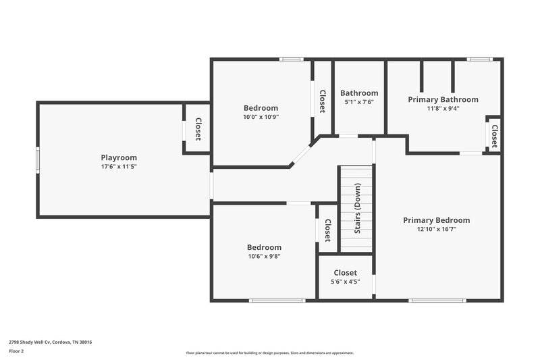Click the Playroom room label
point(119,157)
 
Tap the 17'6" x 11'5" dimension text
point(119,166)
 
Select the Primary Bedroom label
point(436,220)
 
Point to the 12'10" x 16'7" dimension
point(436,229)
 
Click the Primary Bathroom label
point(443,99)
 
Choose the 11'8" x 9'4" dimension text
point(443,108)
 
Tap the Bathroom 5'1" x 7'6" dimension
point(359,102)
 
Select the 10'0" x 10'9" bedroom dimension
point(261,116)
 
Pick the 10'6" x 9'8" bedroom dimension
point(264,256)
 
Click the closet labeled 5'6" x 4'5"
point(345,281)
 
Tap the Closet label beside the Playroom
point(198,129)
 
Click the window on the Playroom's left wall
point(38,160)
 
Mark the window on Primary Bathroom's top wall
point(479,59)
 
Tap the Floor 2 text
point(16,351)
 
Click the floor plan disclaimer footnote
point(269,353)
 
